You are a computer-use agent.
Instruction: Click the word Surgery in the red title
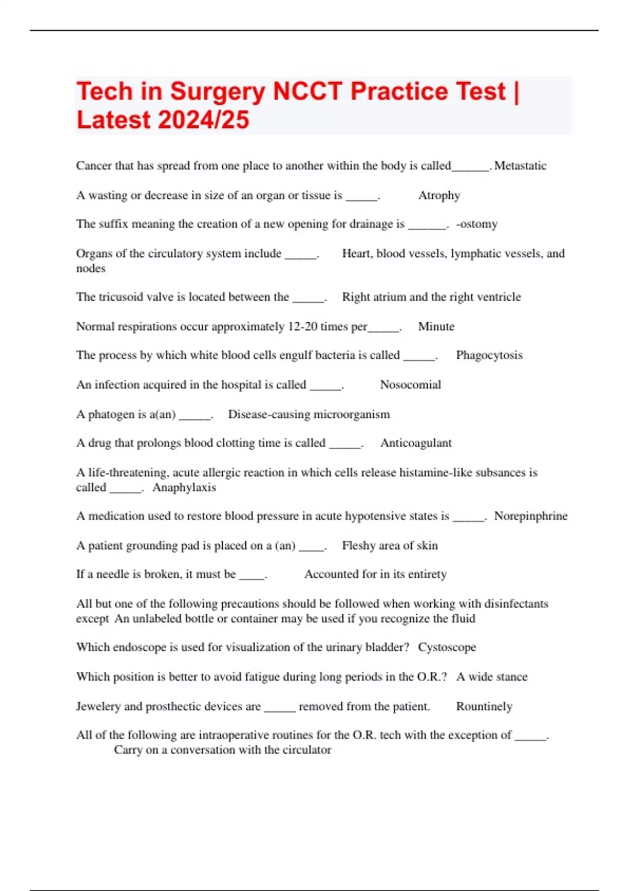218,92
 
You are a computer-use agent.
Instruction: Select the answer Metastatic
520,166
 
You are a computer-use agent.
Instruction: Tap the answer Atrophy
439,195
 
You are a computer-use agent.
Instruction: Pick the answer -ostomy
476,224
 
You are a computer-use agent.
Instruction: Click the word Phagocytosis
489,355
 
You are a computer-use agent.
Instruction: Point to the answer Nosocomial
410,385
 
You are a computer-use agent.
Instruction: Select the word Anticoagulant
416,443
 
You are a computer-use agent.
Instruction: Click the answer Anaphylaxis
184,487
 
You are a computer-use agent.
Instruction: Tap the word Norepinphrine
530,516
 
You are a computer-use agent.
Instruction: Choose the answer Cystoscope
447,647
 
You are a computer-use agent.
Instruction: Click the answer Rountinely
484,707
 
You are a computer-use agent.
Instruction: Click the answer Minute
436,327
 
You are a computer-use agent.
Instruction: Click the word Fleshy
358,546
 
